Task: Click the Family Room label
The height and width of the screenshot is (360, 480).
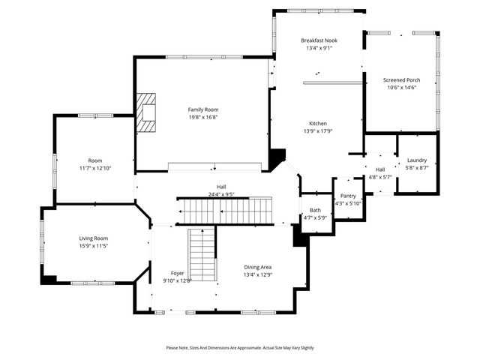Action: coord(202,109)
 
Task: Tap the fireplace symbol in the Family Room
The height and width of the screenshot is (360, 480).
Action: coord(148,113)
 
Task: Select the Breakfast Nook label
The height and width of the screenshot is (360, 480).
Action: coord(318,40)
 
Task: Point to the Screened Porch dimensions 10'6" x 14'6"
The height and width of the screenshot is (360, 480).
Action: coord(401,88)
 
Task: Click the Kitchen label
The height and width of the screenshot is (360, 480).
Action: coord(318,123)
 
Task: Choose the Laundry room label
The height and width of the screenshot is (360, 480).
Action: coord(417,160)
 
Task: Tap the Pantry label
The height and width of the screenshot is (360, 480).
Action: coord(348,196)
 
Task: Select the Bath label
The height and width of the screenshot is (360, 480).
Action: coord(315,210)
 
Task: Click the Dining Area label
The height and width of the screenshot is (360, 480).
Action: coord(258,267)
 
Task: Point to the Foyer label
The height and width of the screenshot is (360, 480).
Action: coord(177,273)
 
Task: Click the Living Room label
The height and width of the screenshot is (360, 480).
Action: coord(94,238)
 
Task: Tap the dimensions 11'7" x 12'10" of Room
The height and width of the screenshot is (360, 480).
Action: coord(95,168)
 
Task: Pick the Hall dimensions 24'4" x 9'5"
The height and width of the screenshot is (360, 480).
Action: coord(222,194)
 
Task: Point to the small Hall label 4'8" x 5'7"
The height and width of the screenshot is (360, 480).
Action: coord(380,177)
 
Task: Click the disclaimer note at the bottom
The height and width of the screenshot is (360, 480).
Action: coord(240,348)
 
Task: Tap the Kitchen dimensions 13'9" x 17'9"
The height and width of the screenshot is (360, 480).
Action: coord(318,131)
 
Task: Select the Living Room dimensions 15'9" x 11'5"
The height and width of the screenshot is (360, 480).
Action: coord(94,246)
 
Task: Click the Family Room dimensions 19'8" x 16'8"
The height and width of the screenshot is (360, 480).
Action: coord(202,117)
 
